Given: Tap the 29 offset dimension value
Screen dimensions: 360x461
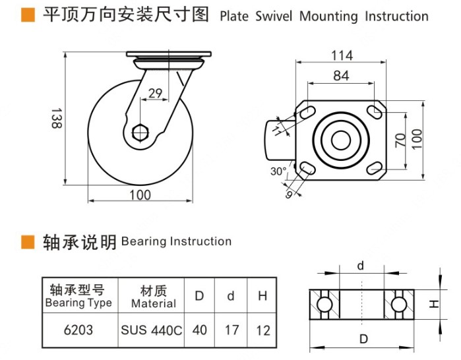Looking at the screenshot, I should click(x=156, y=94).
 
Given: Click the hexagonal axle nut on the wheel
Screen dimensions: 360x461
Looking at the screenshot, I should click(x=140, y=132).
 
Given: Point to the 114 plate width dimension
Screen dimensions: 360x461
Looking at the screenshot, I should click(x=341, y=56).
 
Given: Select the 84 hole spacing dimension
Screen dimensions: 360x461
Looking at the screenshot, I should click(x=341, y=76).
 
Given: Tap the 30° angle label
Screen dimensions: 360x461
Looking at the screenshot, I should click(x=279, y=171).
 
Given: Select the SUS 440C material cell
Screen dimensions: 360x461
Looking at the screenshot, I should click(x=151, y=330).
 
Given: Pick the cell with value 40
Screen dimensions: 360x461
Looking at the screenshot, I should click(x=199, y=330).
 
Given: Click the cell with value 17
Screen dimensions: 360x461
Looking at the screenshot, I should click(x=231, y=330).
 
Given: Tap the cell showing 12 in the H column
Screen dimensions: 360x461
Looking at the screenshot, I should click(x=262, y=330).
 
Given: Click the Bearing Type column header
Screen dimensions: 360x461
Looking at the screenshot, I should click(x=79, y=296).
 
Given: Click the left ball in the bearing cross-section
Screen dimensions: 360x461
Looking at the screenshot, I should click(x=324, y=304).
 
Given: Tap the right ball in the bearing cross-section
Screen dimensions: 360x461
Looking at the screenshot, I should click(x=398, y=304).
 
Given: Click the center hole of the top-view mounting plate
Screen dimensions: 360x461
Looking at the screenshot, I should click(x=341, y=140).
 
